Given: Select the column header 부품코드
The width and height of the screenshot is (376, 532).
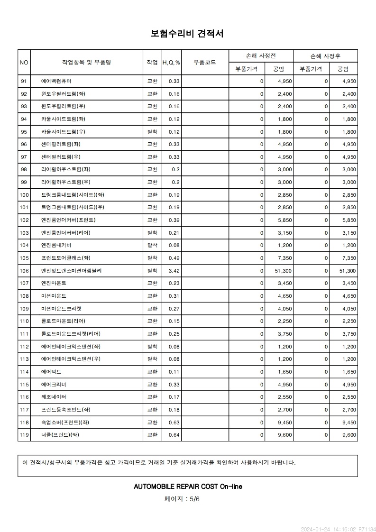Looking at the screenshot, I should (205, 62).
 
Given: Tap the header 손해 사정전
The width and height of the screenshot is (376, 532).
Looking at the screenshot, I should (261, 56).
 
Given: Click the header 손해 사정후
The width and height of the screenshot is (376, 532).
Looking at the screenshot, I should (325, 56).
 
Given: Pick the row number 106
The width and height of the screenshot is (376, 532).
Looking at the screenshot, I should (24, 271).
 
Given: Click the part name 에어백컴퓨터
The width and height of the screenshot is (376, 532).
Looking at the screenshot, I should (56, 81).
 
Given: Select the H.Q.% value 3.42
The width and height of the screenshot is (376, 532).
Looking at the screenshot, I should (174, 271).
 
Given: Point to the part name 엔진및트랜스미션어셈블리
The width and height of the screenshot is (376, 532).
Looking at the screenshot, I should (72, 271).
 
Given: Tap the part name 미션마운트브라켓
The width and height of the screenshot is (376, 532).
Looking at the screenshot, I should (61, 309).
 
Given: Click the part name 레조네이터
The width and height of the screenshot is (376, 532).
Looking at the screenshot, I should (54, 397).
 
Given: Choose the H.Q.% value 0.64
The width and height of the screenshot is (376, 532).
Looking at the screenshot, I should (174, 435).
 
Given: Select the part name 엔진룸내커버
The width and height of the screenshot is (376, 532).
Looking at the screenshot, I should (56, 245).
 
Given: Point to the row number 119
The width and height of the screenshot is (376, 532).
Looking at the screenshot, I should (24, 435).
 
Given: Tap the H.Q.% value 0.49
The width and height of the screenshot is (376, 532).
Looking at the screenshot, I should (174, 258).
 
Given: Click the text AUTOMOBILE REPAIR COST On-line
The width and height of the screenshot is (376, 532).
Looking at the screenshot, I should (188, 486).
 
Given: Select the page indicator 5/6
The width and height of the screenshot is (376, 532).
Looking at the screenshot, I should (194, 499).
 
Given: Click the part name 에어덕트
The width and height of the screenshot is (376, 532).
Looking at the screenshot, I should (51, 372).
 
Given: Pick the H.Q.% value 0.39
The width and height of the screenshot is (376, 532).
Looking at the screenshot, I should (174, 220).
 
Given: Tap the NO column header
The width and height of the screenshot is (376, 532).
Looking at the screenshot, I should (24, 62).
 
